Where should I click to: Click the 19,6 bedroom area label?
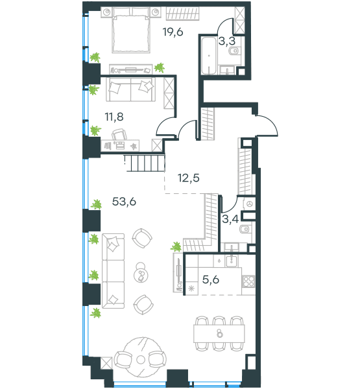pos(173,32)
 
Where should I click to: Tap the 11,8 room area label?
pos(114,117)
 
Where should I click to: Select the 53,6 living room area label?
pos(124,202)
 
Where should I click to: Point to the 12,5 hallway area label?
pos(189,178)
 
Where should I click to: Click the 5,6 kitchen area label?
pos(211,279)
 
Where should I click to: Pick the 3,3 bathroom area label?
pos(226,41)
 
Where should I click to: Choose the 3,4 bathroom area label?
pos(230,219)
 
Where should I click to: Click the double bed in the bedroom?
pos(131,30)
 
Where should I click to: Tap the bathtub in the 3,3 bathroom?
pos(209,56)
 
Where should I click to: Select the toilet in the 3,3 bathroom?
pos(234,51)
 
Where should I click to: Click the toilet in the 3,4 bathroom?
pos(245,230)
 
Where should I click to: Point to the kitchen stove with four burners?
pos(248,281)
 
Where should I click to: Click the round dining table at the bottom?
pos(141,359)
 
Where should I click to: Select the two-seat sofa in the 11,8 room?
pos(130,89)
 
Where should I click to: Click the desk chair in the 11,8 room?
pos(119,134)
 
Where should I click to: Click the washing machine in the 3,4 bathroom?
pos(250,204)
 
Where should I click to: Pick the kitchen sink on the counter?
pos(232,261)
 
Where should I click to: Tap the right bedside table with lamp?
pos(156,12)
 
